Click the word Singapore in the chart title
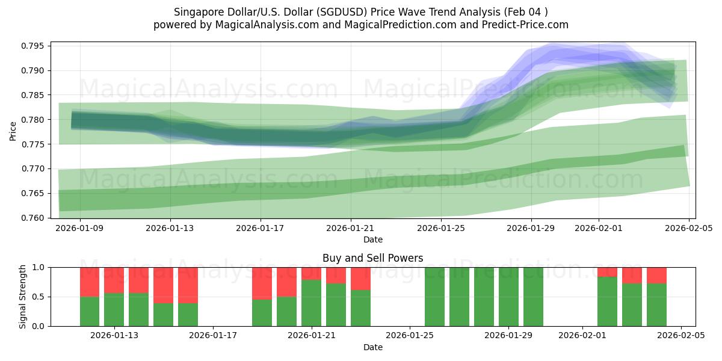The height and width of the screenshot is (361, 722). tap(197, 12)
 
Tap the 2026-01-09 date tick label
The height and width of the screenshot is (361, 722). tap(80, 229)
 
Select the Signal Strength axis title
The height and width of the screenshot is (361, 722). tap(23, 297)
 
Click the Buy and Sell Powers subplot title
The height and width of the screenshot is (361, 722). tap(372, 258)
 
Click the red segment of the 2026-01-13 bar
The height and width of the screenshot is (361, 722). tap(114, 280)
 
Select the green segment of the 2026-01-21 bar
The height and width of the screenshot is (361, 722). tap(312, 303)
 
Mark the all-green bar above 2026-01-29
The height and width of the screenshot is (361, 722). tap(508, 297)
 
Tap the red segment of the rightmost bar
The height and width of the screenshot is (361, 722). tap(656, 275)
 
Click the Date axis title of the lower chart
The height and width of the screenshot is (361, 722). tap(372, 348)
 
